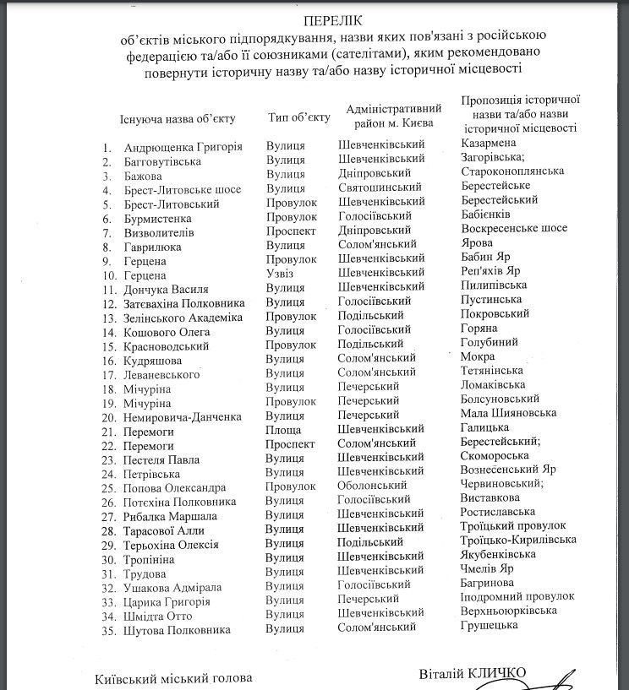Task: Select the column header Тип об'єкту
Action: pyautogui.click(x=298, y=117)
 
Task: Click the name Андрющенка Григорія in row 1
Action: pyautogui.click(x=183, y=146)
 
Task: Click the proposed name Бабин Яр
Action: pyautogui.click(x=490, y=257)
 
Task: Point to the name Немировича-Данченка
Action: pyautogui.click(x=183, y=416)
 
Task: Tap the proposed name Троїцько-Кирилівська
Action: pyautogui.click(x=518, y=539)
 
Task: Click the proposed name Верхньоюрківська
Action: pyautogui.click(x=509, y=610)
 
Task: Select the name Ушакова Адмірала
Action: pyautogui.click(x=172, y=587)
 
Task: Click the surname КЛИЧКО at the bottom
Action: pyautogui.click(x=494, y=672)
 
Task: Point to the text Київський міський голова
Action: pyautogui.click(x=173, y=678)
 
